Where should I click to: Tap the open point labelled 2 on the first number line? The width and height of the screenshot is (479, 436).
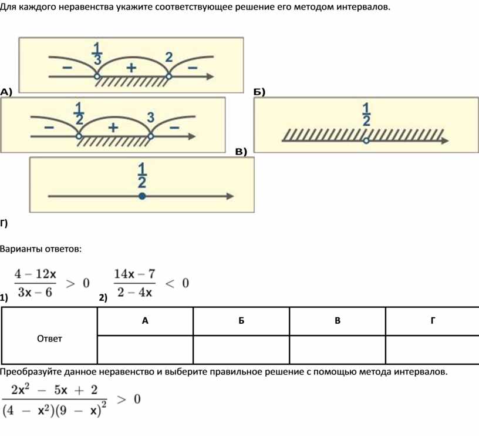pos(169,76)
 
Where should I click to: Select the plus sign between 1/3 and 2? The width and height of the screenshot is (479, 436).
pos(130,68)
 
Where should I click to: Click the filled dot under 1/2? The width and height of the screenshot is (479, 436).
pos(142,197)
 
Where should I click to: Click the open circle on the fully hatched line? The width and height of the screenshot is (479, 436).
pos(366,141)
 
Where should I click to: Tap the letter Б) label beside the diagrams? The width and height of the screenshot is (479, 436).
pos(259,92)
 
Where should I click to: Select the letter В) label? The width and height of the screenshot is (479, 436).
pos(241,152)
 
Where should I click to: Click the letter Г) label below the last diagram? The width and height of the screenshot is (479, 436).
pos(5,222)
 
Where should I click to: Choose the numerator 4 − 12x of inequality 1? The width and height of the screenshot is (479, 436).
pos(36,274)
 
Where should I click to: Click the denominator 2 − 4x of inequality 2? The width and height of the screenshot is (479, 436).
pos(135,292)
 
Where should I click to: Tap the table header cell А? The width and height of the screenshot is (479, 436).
pos(145,321)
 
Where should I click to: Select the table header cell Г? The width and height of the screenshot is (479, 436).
pos(433,321)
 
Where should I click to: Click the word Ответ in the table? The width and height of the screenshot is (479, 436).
pos(49,338)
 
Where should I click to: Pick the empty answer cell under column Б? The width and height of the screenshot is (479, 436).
pos(241,350)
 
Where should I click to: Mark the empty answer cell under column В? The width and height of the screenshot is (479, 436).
pos(338,350)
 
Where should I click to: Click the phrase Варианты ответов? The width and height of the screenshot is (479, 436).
pos(41,249)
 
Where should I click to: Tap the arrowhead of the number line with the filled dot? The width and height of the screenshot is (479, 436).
pos(231,197)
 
